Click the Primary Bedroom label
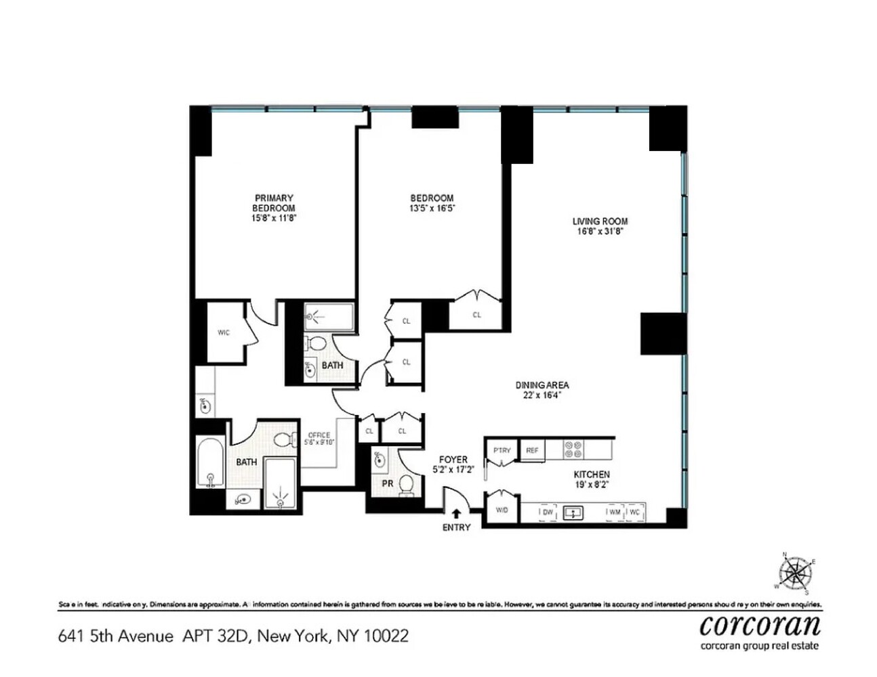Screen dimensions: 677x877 274,203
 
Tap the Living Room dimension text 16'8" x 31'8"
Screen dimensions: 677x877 599,231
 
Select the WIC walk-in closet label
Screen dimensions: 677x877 224,332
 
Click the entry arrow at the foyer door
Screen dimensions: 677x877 456,514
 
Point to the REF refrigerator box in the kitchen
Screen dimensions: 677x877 532,450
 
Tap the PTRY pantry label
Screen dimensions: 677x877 502,450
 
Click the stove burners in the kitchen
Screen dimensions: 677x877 573,450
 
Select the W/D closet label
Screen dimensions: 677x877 502,510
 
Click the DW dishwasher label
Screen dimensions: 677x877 548,512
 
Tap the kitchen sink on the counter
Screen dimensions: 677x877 573,512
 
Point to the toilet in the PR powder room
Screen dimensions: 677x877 407,485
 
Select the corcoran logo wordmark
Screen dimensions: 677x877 760,625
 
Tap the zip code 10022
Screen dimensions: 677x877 386,636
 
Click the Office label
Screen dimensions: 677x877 319,435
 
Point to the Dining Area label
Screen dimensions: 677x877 542,385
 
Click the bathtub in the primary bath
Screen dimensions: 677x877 210,464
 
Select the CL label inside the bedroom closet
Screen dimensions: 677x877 476,314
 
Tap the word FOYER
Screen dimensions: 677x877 453,460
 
